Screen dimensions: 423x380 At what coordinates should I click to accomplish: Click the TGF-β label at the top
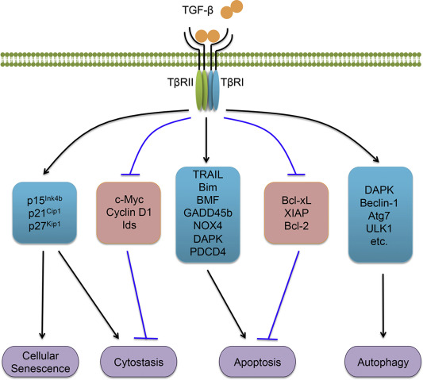click(198, 11)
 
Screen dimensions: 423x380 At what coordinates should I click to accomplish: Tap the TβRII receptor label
click(180, 82)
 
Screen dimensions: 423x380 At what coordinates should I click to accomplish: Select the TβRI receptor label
click(233, 82)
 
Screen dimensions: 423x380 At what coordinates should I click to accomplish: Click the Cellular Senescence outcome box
click(40, 362)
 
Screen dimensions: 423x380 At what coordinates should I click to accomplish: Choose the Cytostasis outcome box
click(139, 362)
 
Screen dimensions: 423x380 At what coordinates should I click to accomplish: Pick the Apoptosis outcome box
click(257, 362)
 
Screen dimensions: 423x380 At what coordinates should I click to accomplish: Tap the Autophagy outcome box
click(383, 362)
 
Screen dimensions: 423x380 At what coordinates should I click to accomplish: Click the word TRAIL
click(208, 175)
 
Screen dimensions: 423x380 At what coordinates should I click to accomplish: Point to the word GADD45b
click(208, 213)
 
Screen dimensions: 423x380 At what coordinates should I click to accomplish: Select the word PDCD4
click(208, 251)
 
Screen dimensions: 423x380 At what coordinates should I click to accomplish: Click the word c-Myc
click(129, 200)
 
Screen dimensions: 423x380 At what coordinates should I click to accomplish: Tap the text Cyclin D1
click(129, 213)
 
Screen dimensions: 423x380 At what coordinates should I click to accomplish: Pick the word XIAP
click(296, 213)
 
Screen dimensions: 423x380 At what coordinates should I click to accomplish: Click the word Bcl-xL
click(296, 201)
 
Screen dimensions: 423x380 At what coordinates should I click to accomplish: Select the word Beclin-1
click(379, 203)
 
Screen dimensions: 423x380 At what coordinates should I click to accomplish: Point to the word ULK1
click(379, 228)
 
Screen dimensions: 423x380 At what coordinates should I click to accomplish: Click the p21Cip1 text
click(44, 213)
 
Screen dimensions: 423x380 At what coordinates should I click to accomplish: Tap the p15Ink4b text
click(44, 200)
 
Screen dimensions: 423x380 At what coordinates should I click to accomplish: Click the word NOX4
click(208, 225)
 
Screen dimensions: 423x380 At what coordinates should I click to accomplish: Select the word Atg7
click(379, 216)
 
